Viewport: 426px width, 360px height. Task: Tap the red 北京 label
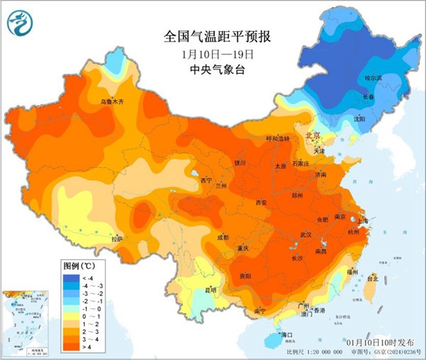312,135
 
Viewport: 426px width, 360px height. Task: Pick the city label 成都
222,237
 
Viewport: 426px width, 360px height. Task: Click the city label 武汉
307,234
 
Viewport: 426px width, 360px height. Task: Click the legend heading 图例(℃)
76,265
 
